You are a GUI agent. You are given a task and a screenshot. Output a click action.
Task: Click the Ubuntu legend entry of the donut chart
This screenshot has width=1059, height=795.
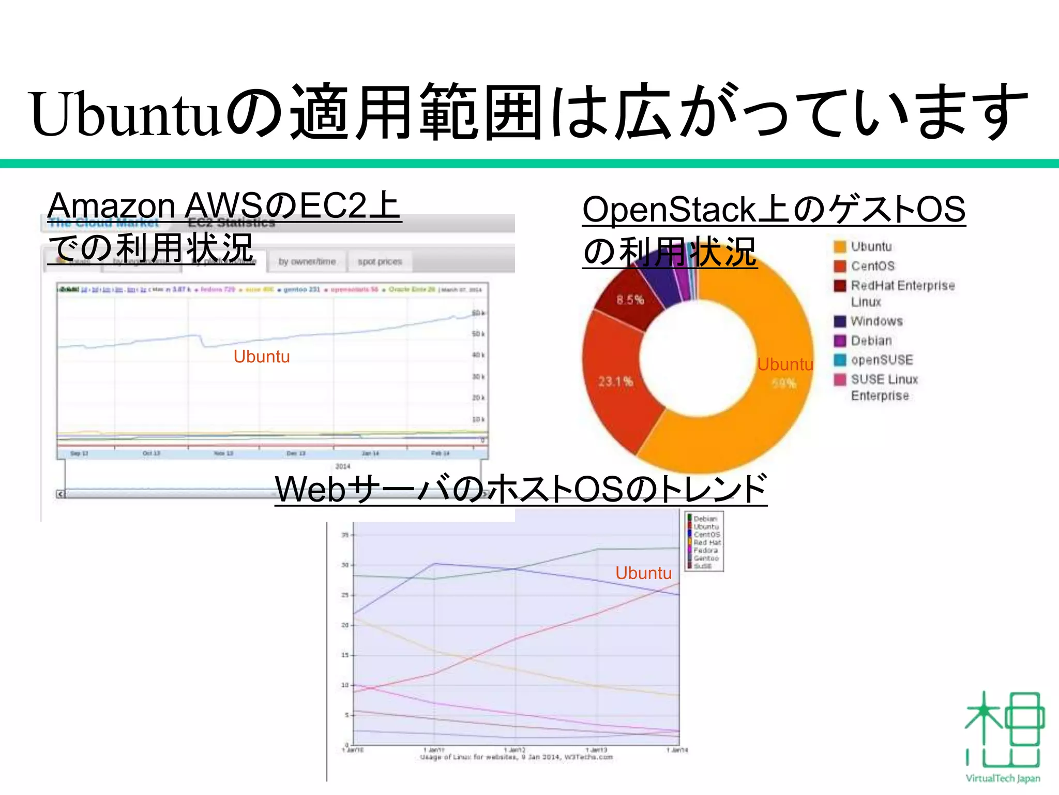[871, 247]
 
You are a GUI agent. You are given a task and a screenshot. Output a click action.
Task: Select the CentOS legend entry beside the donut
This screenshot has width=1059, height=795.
[872, 266]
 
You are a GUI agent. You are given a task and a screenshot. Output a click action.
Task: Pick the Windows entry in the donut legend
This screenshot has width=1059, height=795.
[876, 321]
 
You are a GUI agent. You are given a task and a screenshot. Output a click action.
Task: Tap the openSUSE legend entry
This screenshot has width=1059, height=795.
[882, 360]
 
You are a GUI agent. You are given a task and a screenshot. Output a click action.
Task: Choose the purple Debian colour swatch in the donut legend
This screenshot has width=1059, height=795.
[840, 341]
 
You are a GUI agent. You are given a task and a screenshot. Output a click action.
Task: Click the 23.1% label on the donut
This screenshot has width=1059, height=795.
[615, 382]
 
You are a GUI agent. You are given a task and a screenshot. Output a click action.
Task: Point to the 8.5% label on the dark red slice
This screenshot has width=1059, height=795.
[630, 300]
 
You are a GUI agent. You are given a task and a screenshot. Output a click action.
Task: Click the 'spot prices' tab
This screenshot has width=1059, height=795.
[380, 262]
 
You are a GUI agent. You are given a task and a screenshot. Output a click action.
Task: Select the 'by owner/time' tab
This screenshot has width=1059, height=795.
[307, 262]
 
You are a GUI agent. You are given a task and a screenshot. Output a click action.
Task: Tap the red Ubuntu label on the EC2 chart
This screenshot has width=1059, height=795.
[262, 357]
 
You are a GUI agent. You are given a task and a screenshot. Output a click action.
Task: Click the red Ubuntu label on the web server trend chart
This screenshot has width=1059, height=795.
[643, 573]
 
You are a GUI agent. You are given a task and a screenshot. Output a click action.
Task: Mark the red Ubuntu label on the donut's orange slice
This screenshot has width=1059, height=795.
[785, 364]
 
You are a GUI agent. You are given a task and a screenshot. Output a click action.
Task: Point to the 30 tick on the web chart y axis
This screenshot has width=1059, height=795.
[345, 565]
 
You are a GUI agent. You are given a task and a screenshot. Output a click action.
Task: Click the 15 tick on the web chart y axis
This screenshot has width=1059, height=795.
[345, 655]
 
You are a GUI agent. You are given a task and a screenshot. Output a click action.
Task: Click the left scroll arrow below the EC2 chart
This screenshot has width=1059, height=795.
[60, 494]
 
